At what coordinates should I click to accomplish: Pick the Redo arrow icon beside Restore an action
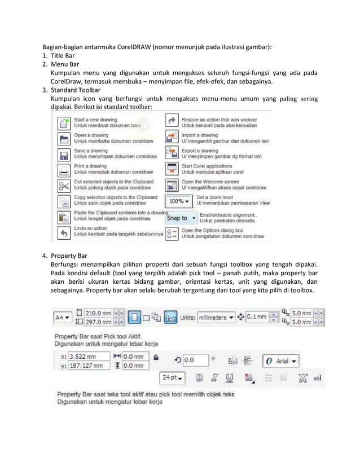[x=172, y=122]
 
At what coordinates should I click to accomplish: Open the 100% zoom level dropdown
[x=179, y=201]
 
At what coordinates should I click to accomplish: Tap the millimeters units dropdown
[x=216, y=318]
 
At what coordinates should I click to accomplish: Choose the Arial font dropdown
[x=282, y=361]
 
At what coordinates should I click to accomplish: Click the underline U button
[x=230, y=377]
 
